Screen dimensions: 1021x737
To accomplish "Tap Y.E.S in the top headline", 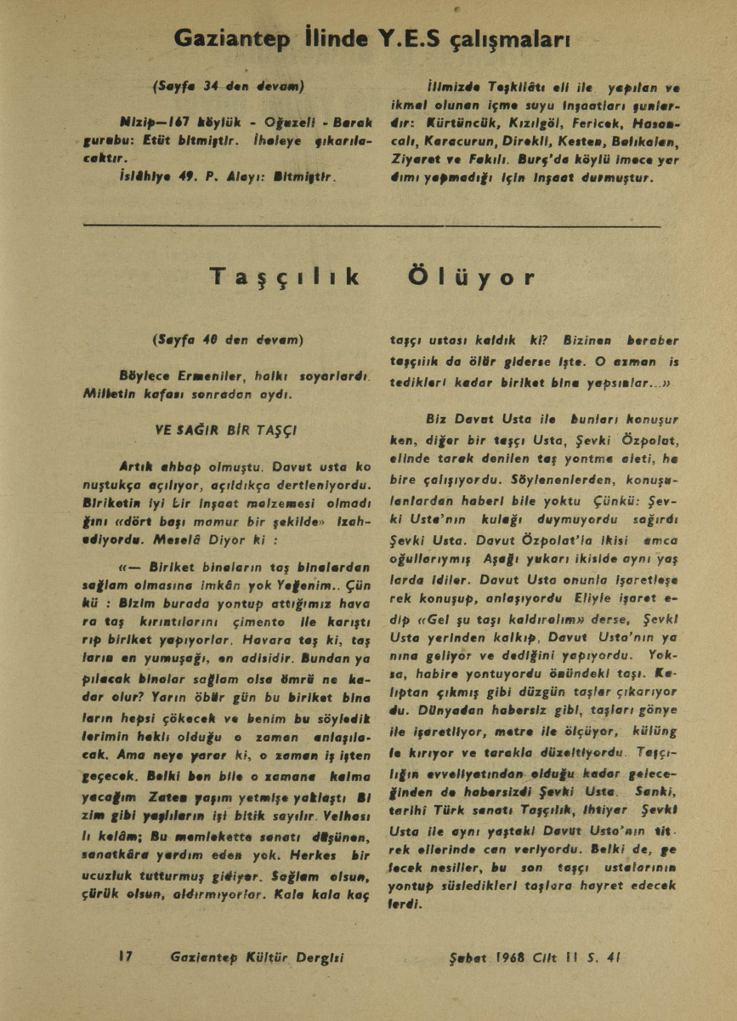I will click(404, 38).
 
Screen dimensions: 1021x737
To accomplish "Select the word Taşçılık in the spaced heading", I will click(286, 277).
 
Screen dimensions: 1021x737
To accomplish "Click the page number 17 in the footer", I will click(126, 955).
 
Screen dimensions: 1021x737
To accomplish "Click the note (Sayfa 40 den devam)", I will click(228, 340).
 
